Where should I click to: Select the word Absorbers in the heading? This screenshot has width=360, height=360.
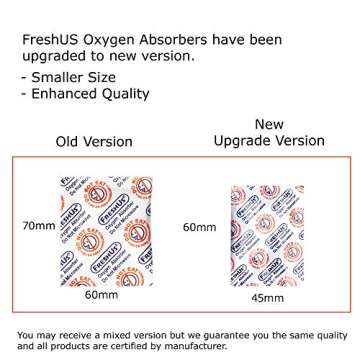[191, 41]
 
